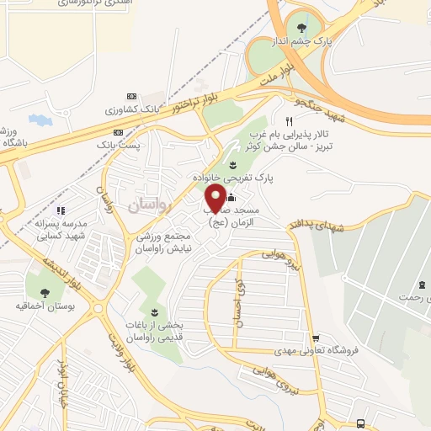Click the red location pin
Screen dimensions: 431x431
coord(215,197)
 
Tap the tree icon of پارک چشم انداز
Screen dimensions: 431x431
coord(301,26)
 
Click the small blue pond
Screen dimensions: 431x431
coord(39,120)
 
